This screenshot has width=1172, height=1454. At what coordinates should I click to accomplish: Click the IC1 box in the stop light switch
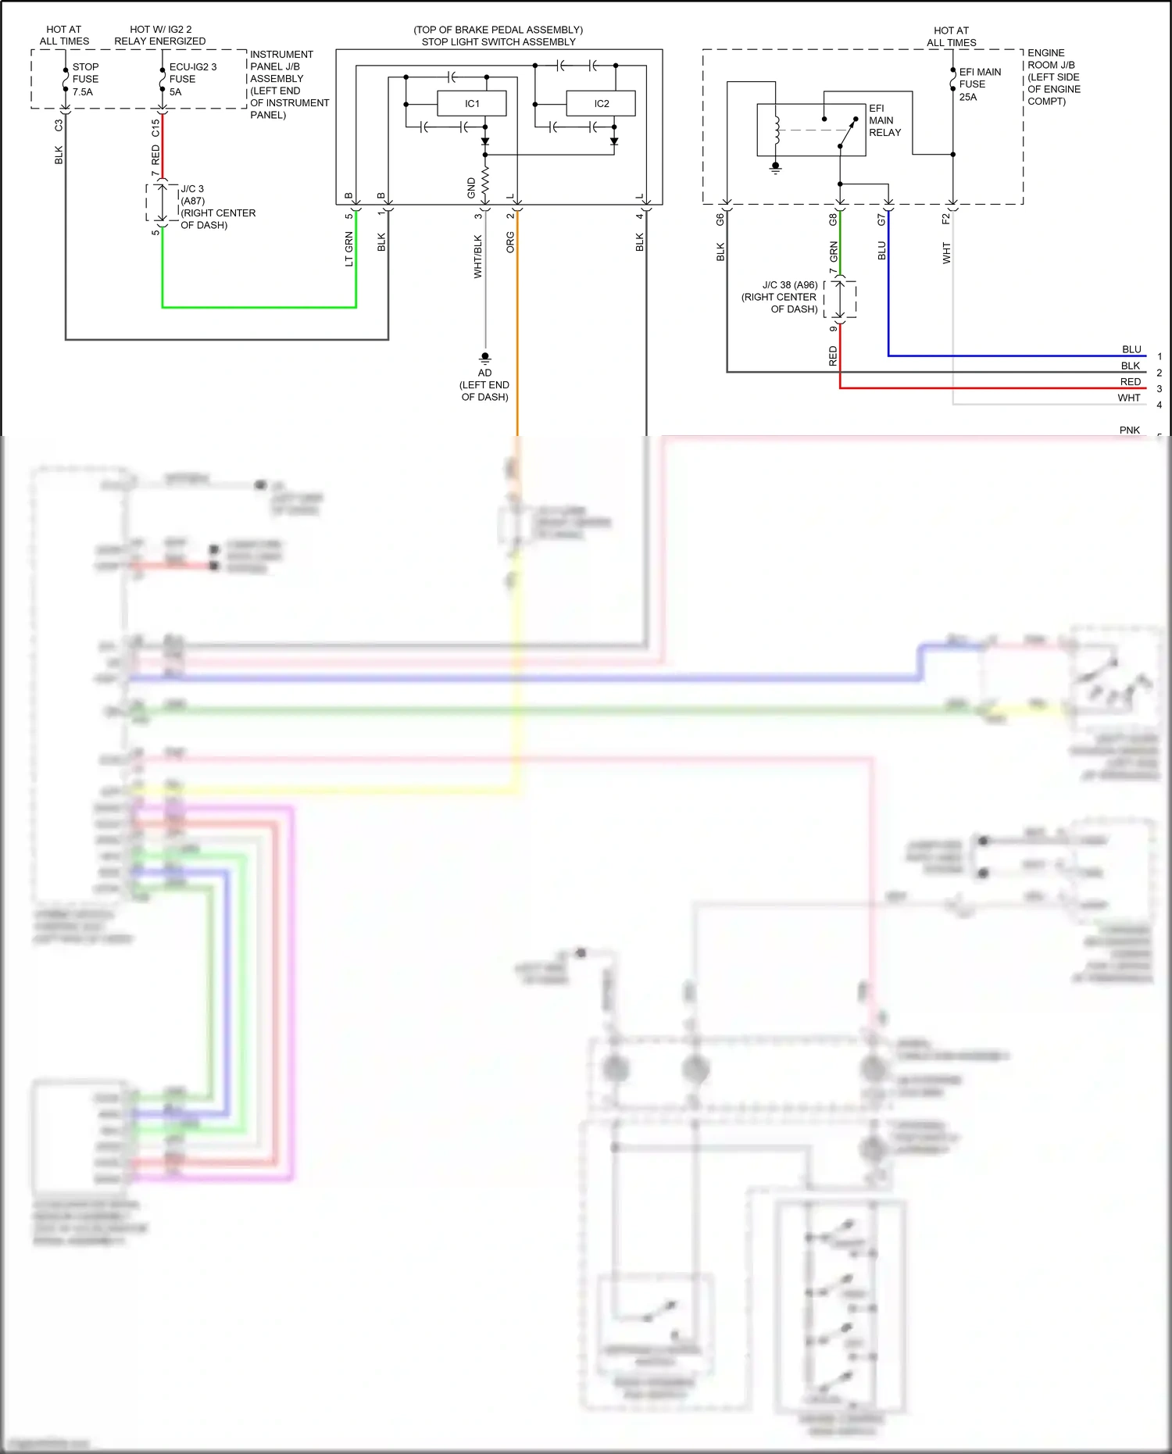tap(472, 103)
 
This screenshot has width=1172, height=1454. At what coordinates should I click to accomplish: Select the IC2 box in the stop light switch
tap(601, 103)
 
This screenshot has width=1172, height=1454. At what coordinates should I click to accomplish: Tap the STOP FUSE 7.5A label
tap(84, 79)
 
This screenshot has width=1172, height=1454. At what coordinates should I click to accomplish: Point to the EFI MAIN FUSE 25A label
tap(979, 84)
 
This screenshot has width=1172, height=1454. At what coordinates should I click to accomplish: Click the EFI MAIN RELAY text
tap(884, 120)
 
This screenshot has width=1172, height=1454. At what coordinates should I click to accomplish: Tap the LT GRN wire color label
tap(349, 249)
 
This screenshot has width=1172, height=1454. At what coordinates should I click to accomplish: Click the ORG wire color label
tap(511, 242)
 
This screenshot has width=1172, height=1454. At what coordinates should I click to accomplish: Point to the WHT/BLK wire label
tap(478, 256)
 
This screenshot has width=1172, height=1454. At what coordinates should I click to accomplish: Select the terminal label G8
tap(833, 220)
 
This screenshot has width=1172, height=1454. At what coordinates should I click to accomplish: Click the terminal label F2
tap(946, 219)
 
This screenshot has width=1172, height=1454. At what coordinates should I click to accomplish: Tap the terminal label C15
tap(155, 127)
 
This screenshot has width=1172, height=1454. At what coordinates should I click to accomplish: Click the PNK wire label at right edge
tap(1129, 430)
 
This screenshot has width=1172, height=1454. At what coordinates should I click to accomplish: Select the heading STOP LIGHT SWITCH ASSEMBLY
tap(498, 41)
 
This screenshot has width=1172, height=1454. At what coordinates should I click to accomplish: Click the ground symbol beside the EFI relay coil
tap(775, 167)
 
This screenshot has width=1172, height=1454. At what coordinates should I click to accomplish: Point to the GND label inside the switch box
tap(471, 188)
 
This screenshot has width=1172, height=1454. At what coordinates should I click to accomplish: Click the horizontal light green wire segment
tap(258, 307)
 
